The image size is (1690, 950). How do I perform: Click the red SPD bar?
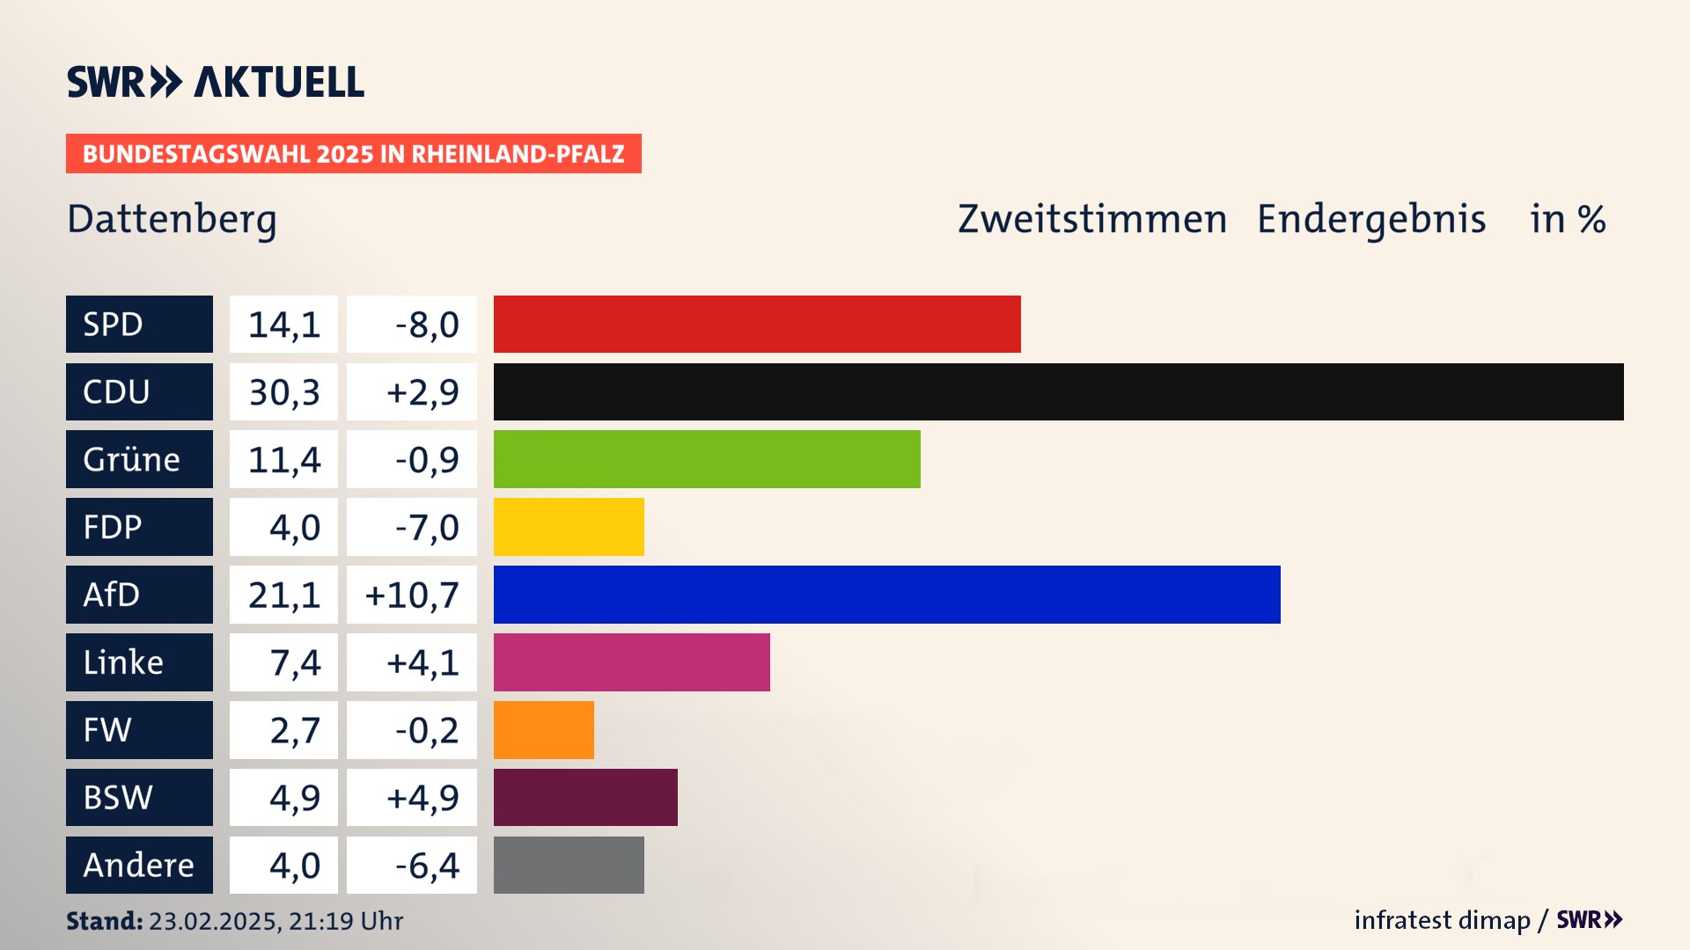pyautogui.click(x=757, y=324)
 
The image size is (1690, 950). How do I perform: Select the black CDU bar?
pyautogui.click(x=1058, y=391)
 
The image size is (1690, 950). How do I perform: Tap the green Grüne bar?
pyautogui.click(x=707, y=459)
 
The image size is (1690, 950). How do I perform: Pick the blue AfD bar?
pyautogui.click(x=886, y=595)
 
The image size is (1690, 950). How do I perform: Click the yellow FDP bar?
pyautogui.click(x=569, y=527)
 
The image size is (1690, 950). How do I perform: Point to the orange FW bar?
pyautogui.click(x=543, y=730)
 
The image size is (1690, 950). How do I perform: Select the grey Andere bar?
pyautogui.click(x=569, y=865)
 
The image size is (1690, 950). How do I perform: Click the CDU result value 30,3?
pyautogui.click(x=283, y=391)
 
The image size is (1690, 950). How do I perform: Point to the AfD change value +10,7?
pyautogui.click(x=412, y=595)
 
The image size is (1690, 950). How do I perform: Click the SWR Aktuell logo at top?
pyautogui.click(x=216, y=82)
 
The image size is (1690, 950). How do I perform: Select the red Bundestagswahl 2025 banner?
pyautogui.click(x=353, y=154)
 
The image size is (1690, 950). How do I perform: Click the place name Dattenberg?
pyautogui.click(x=172, y=219)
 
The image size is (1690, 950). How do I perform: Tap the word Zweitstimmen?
pyautogui.click(x=1092, y=219)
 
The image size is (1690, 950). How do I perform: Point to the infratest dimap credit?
pyautogui.click(x=1442, y=920)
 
